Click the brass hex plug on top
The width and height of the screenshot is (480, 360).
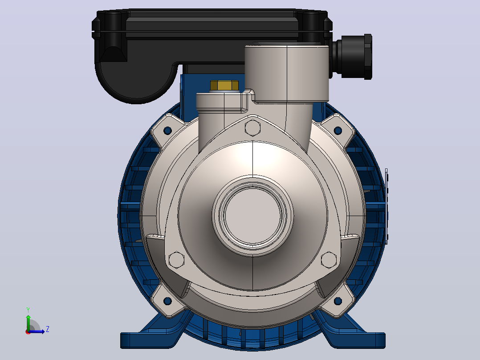pyautogui.click(x=224, y=86)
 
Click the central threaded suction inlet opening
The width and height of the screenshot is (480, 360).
pyautogui.click(x=253, y=215)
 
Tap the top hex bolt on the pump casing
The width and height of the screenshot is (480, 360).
pyautogui.click(x=252, y=128)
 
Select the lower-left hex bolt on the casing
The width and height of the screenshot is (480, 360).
pyautogui.click(x=177, y=260)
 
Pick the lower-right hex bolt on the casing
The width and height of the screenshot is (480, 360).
pyautogui.click(x=329, y=260)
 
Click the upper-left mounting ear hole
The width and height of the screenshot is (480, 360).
pyautogui.click(x=167, y=131)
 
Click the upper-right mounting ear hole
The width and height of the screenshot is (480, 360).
pyautogui.click(x=338, y=131)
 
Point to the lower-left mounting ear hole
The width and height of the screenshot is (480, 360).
pyautogui.click(x=167, y=301)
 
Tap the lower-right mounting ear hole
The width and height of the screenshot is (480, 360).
pyautogui.click(x=338, y=301)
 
